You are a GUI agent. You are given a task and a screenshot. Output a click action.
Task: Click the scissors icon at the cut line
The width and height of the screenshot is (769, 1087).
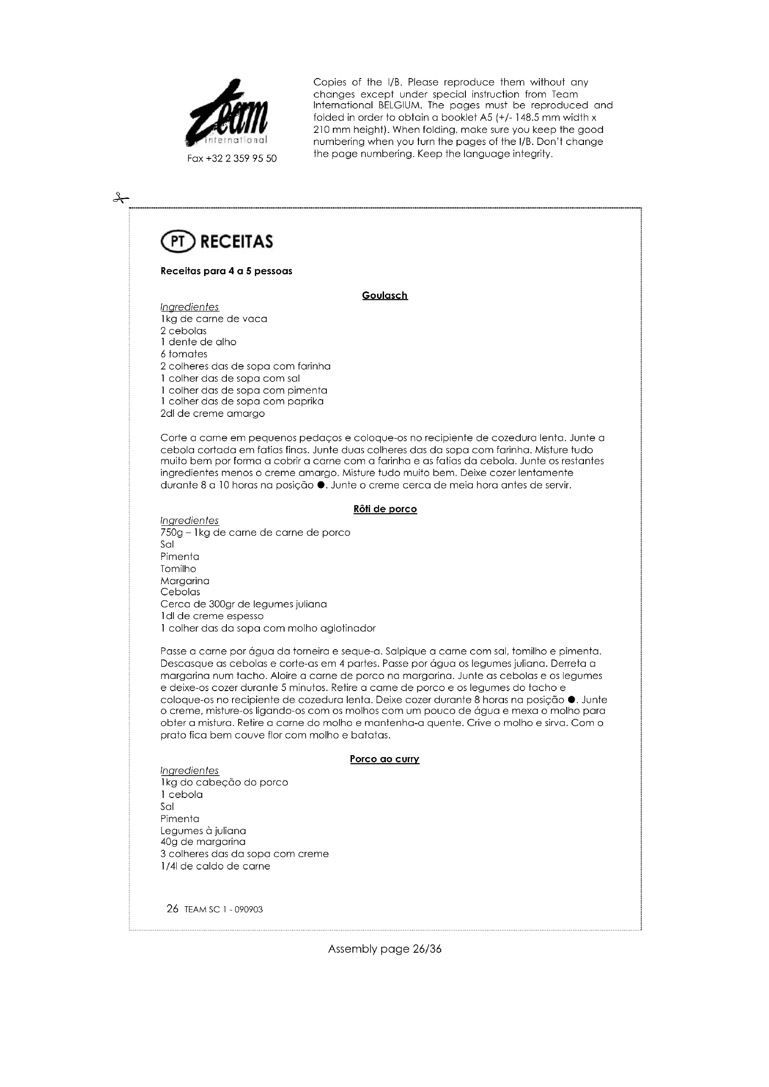pos(121,198)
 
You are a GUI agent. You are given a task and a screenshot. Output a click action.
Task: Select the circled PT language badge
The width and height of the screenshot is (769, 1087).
pos(178,242)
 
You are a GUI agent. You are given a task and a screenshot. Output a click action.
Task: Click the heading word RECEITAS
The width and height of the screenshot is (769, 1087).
pos(237,242)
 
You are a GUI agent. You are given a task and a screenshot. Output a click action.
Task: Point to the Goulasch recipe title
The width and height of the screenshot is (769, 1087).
pos(384,296)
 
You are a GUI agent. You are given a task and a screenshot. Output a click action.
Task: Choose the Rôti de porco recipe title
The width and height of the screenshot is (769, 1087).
pos(384,509)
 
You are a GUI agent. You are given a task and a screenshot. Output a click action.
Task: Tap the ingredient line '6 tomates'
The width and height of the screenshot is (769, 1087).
pos(184,354)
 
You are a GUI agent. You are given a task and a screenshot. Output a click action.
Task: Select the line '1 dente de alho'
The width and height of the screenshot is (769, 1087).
pos(199,342)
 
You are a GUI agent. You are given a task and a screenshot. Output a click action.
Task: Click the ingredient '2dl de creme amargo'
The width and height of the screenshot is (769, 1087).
pos(212,413)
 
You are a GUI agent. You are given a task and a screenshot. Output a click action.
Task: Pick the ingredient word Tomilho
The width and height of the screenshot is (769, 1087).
pos(178,568)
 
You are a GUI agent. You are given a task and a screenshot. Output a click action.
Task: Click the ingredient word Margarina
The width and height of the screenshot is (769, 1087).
pos(185,581)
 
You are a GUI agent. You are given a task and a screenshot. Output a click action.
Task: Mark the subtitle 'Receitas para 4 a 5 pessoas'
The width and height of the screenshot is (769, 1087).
pos(226,271)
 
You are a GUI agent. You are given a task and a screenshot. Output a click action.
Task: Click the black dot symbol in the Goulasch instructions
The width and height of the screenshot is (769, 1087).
pos(321,485)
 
